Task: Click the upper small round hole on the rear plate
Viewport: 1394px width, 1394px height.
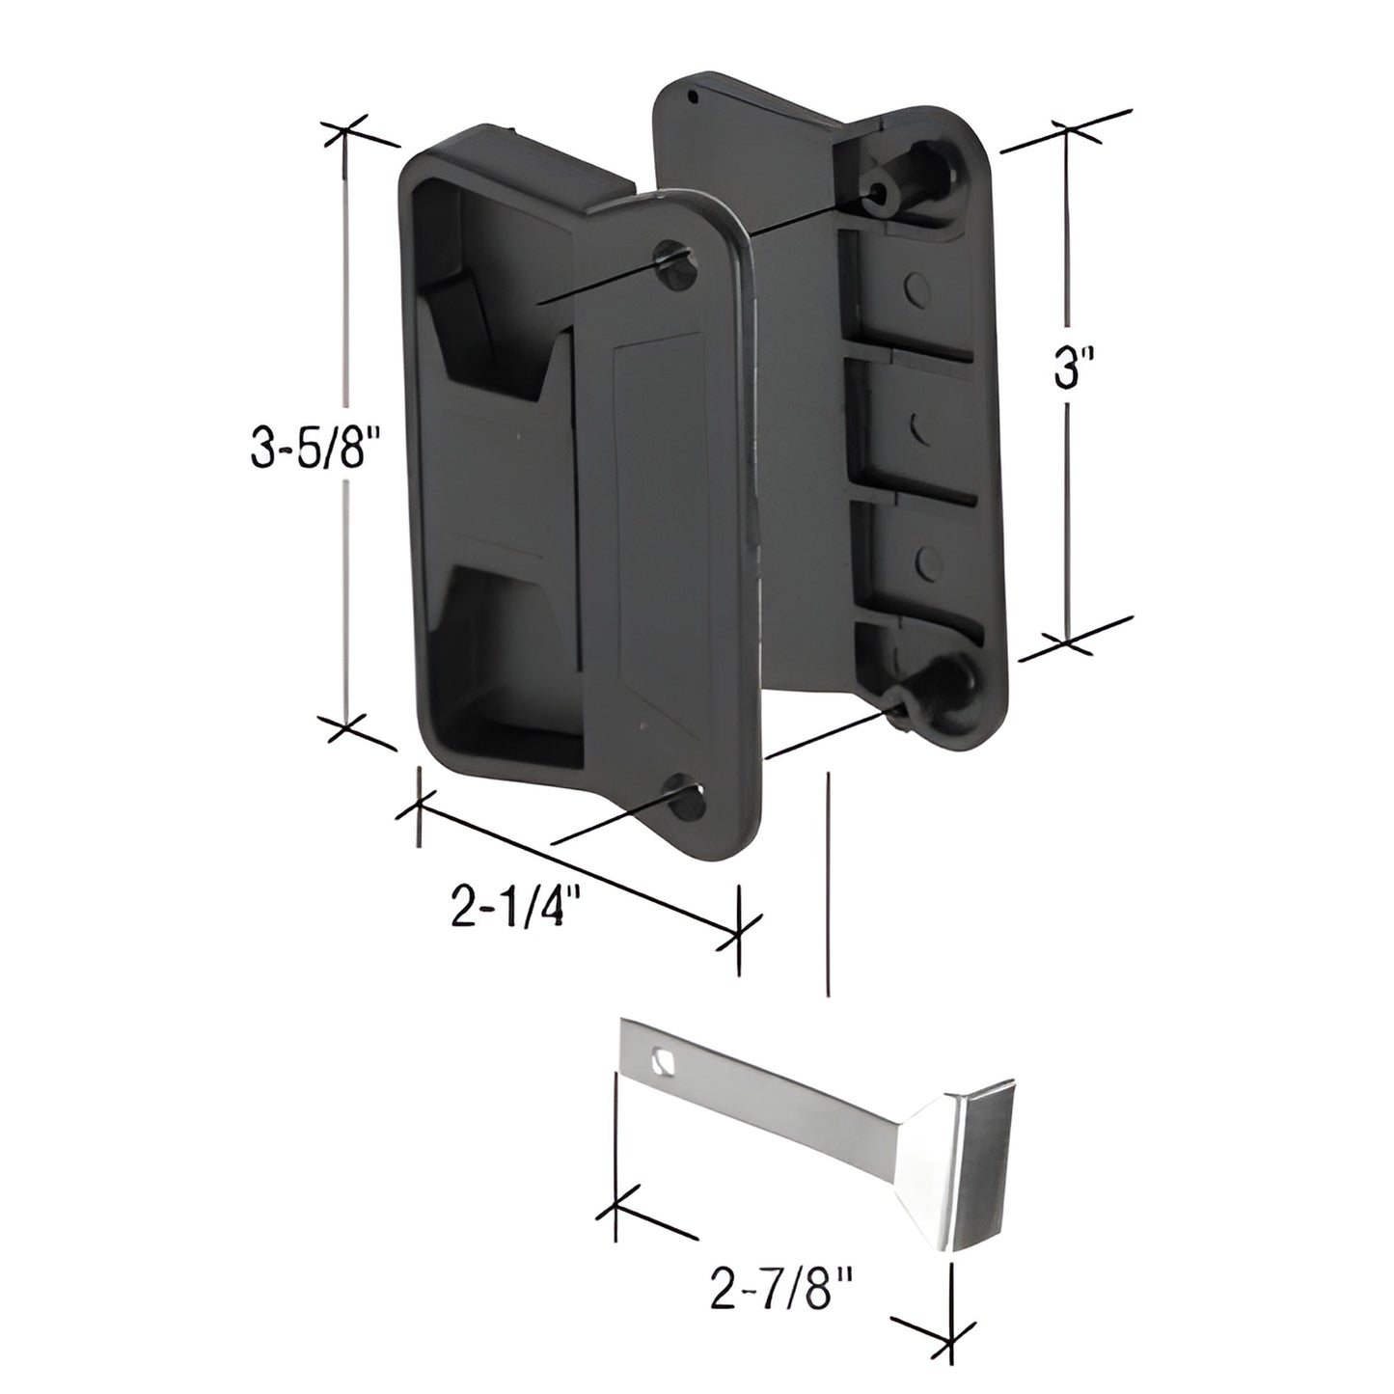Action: pos(916,285)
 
